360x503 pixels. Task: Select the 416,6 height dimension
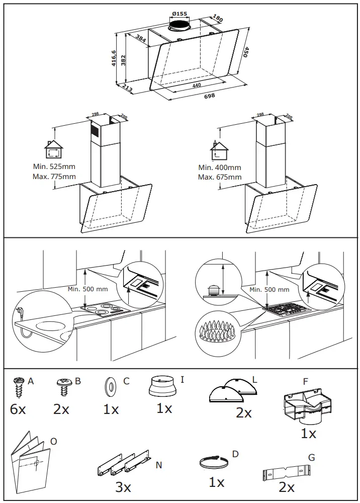[114, 58]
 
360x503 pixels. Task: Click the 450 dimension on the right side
[246, 52]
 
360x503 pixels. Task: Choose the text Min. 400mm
[219, 167]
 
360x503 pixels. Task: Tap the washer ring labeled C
[108, 386]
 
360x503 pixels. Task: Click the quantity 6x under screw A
[18, 409]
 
